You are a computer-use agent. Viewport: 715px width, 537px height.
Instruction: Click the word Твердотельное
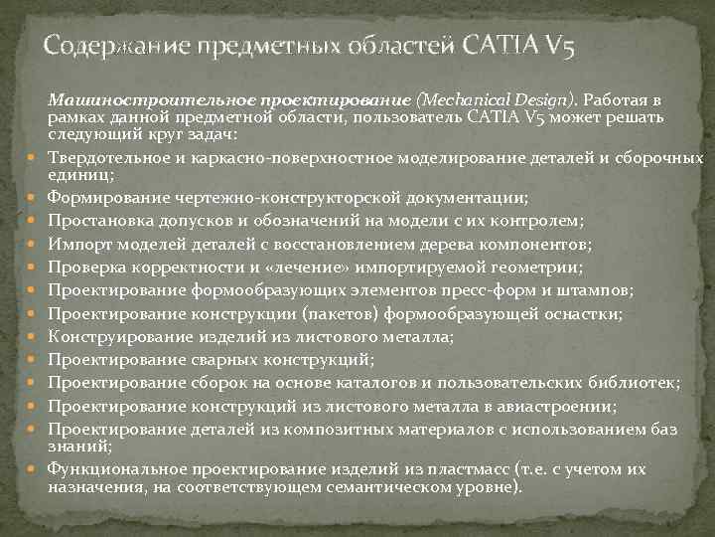pyautogui.click(x=103, y=158)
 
